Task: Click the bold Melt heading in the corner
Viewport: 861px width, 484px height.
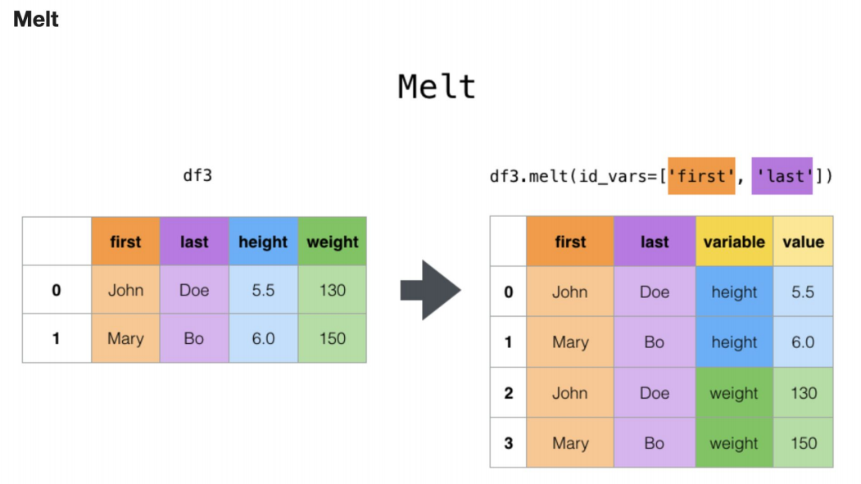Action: (x=36, y=19)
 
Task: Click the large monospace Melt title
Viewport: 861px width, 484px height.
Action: (x=437, y=87)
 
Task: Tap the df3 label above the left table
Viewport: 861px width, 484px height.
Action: (x=197, y=175)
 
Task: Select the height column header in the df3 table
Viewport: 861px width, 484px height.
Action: (x=263, y=242)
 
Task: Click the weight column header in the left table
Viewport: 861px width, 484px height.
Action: (x=333, y=242)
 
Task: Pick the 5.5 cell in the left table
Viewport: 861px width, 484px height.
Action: (x=263, y=290)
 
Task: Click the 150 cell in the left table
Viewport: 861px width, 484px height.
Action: (x=333, y=338)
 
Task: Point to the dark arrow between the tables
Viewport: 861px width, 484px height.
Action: (x=431, y=290)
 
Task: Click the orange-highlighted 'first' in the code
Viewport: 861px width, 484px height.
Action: (x=701, y=176)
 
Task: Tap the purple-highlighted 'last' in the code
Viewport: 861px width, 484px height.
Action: (x=782, y=176)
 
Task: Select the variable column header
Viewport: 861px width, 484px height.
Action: (x=734, y=242)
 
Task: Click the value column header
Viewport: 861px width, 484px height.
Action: (x=804, y=242)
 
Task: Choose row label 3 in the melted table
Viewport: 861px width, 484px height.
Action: (x=509, y=443)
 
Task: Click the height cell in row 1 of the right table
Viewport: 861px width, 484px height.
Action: (x=734, y=342)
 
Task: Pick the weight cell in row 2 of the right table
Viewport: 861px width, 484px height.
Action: (x=734, y=393)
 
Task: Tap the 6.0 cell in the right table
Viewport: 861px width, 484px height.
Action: (x=803, y=342)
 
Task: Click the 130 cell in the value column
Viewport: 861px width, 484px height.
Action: (x=804, y=393)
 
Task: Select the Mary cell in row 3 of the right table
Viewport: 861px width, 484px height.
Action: (x=570, y=443)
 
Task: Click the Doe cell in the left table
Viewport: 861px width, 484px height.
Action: (x=194, y=290)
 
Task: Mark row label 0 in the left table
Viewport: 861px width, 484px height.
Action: (x=57, y=290)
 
